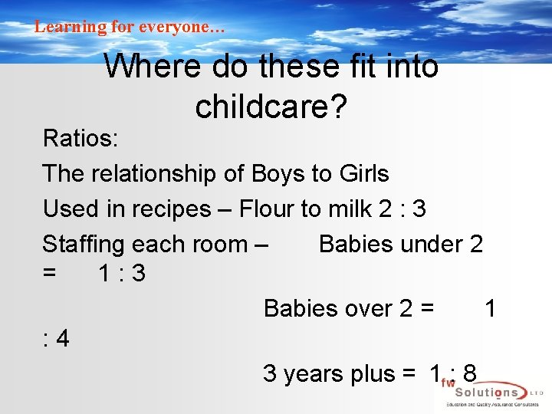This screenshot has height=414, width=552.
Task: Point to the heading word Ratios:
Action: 80,139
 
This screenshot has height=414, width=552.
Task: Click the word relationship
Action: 156,174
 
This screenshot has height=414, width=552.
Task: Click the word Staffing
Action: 84,245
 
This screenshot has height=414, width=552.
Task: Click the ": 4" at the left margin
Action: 56,338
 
